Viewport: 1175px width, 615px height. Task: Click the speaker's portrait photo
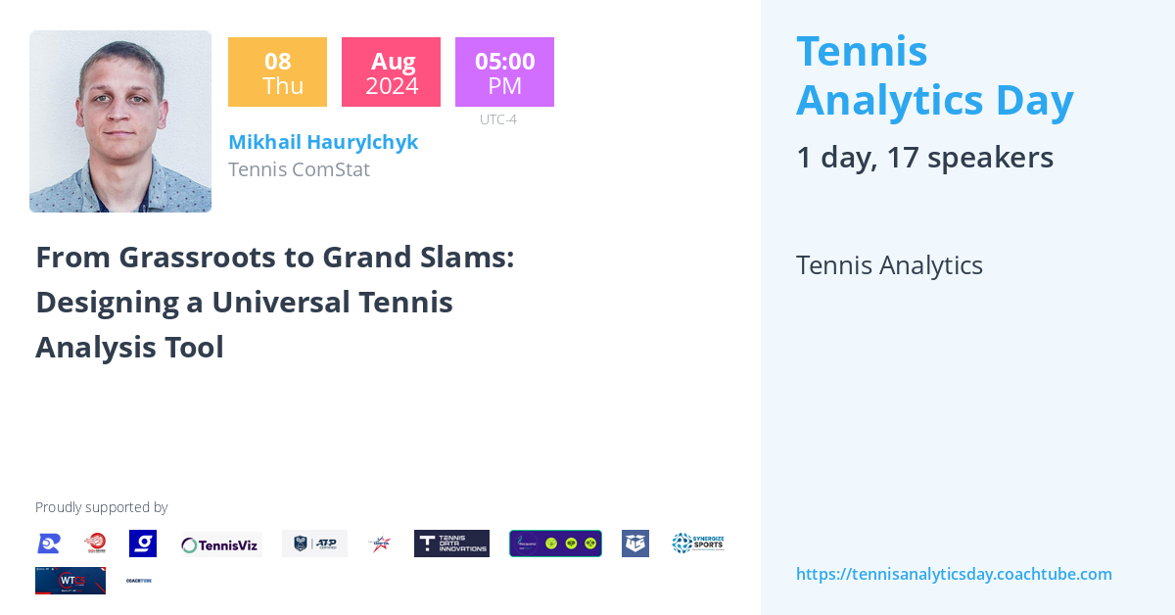(x=120, y=121)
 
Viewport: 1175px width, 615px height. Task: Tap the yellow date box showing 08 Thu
(x=277, y=72)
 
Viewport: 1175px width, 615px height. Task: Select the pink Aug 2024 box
(x=391, y=72)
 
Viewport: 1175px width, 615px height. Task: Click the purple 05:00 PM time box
(x=504, y=72)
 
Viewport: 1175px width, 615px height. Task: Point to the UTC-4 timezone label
(x=497, y=119)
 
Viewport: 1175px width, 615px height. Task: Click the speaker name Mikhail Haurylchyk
(x=323, y=142)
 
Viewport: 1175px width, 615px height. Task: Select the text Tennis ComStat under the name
(x=299, y=169)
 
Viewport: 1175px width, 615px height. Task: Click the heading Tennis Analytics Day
(x=934, y=75)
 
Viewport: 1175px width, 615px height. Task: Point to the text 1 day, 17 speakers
(x=924, y=158)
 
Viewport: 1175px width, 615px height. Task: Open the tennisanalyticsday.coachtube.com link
(x=954, y=574)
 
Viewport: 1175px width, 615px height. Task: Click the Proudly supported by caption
(x=101, y=507)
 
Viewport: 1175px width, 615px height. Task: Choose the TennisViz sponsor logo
(x=220, y=544)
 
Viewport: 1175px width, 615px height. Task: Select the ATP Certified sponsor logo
(x=314, y=544)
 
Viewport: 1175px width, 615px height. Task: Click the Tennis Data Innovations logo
(x=451, y=544)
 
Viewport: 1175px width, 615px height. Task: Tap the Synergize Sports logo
(x=698, y=544)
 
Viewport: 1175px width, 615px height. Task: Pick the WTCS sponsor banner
(x=70, y=581)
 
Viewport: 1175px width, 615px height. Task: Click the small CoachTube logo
(x=139, y=581)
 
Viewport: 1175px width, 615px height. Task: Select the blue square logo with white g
(x=143, y=544)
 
